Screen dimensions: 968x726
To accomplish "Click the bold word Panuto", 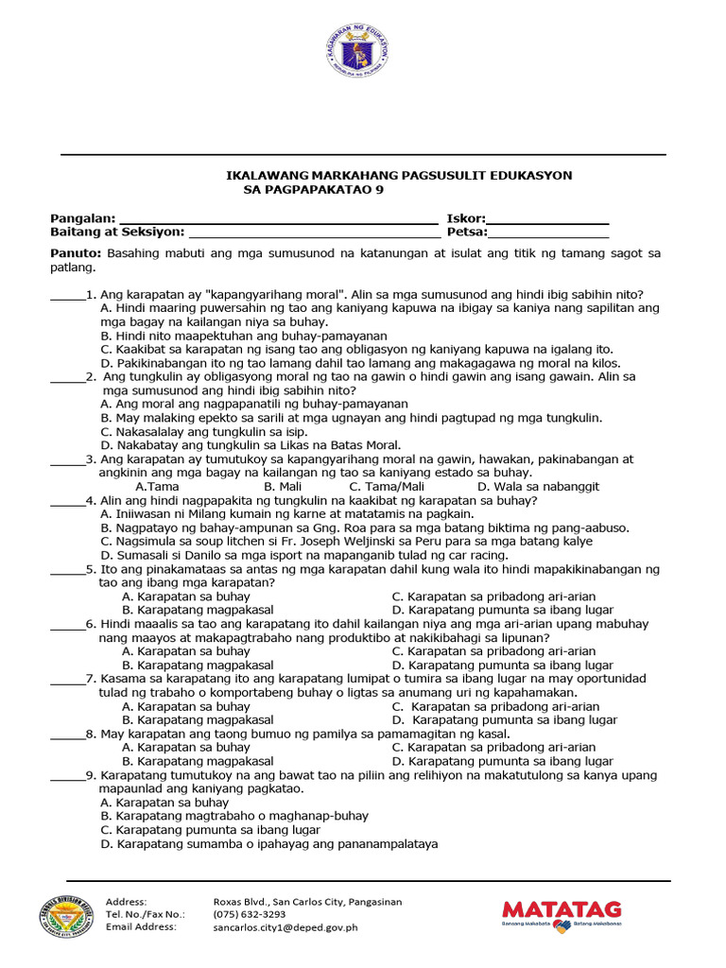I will (75, 253).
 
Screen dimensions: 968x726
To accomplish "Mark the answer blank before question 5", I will (67, 573).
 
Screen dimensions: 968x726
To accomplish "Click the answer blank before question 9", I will (67, 778).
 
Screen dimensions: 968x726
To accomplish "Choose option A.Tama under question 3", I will (158, 486).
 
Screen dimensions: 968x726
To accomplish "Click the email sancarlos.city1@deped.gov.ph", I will (285, 927).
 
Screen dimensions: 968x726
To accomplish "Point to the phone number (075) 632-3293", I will (250, 914).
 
